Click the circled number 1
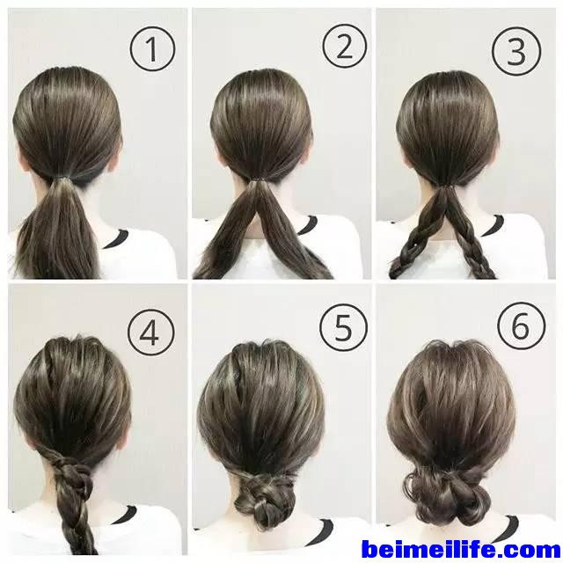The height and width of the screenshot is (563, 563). pos(152,48)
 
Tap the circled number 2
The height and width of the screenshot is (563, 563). pos(345,47)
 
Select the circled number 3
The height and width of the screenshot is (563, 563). pos(516,51)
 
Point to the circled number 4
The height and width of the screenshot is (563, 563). pos(151,333)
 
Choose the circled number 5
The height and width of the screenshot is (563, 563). pos(344,327)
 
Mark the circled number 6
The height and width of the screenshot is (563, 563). pos(522,326)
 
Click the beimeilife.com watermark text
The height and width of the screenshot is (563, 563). pos(461,549)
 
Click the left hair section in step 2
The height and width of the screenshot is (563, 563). pos(226,233)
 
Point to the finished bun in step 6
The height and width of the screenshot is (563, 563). pos(448,493)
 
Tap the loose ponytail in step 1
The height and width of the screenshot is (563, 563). pos(59,230)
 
